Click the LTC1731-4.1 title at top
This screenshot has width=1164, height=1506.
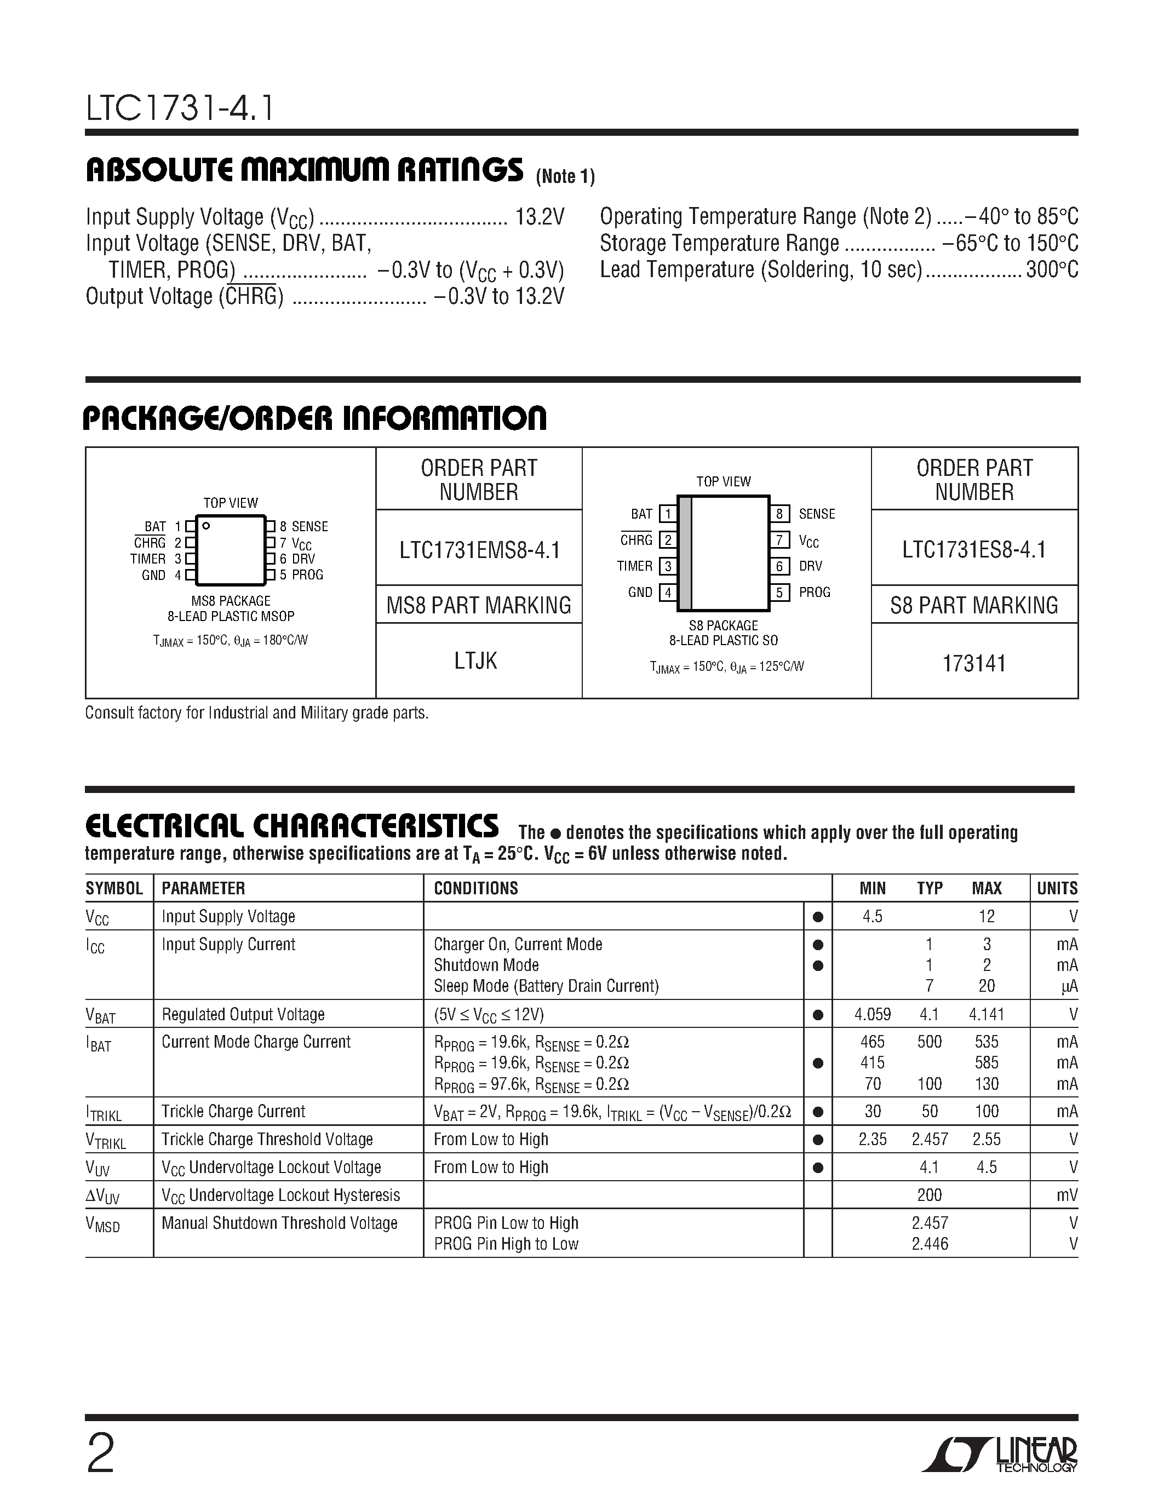point(180,109)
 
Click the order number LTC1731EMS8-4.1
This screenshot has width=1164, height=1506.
point(479,550)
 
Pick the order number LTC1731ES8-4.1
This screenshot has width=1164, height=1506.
point(974,550)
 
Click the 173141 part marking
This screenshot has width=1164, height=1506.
point(974,663)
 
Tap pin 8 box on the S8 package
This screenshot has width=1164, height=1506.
point(779,514)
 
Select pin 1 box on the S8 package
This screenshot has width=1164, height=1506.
point(668,514)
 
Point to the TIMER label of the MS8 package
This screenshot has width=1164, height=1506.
point(148,559)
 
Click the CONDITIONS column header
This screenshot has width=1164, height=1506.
point(476,888)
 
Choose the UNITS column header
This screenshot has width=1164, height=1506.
point(1057,888)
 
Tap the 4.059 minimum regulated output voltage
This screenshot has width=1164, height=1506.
point(872,1014)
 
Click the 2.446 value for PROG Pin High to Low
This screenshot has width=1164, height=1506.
point(930,1244)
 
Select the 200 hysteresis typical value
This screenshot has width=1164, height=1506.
point(930,1195)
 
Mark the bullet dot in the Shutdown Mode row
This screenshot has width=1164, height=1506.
point(818,965)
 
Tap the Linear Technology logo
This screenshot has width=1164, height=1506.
point(1000,1455)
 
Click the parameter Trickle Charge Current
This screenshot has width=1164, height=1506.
point(233,1112)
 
